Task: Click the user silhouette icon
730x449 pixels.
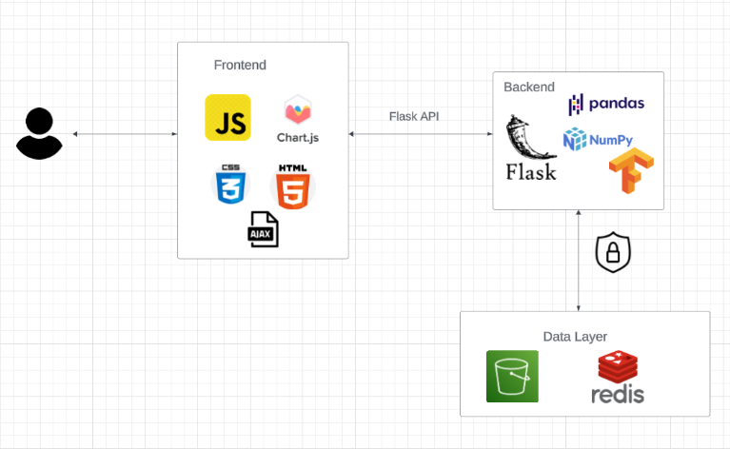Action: click(39, 133)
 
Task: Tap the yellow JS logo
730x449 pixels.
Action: click(227, 118)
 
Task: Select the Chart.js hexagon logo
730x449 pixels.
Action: click(298, 119)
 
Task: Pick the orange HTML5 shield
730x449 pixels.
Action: click(293, 186)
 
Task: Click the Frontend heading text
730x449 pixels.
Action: click(240, 66)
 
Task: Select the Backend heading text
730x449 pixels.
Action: click(529, 88)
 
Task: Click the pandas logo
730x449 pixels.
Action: click(606, 104)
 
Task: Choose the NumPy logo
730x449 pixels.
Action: click(598, 140)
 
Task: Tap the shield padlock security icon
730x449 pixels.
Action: click(613, 252)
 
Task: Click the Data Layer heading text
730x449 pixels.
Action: click(575, 336)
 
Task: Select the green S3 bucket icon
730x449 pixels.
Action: click(512, 376)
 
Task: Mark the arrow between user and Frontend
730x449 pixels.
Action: click(125, 134)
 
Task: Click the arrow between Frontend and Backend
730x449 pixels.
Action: click(420, 134)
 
